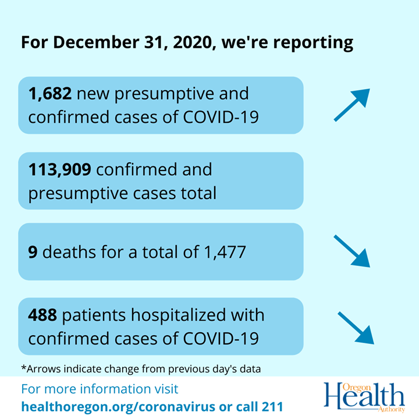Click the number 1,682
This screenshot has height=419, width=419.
click(x=50, y=93)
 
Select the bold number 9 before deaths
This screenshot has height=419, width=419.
click(x=33, y=252)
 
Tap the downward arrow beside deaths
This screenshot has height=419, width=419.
click(x=352, y=250)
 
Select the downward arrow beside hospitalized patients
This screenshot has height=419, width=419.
click(x=356, y=327)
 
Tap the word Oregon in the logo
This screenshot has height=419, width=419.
click(x=359, y=386)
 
